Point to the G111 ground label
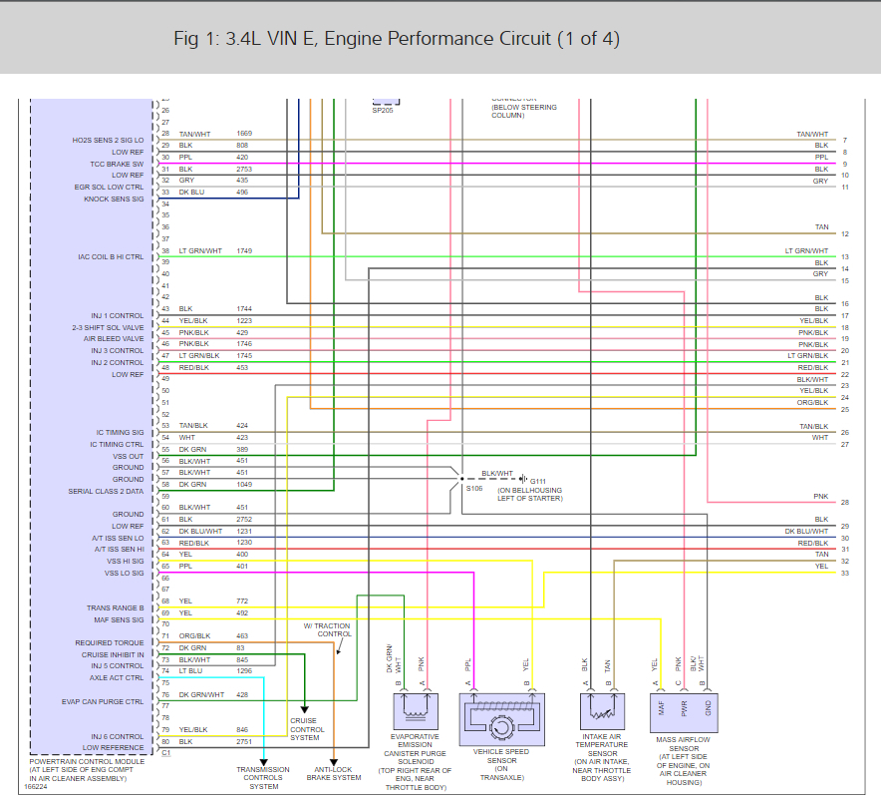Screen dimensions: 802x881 coord(538,480)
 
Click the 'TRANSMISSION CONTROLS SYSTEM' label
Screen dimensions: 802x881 coord(264,778)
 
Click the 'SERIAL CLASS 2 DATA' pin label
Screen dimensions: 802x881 coord(106,491)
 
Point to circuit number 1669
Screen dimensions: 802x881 coord(244,134)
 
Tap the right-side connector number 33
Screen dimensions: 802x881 coord(844,573)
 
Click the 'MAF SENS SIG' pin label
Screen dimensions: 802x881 coord(117,619)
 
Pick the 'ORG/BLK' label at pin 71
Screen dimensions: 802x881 coord(194,635)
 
